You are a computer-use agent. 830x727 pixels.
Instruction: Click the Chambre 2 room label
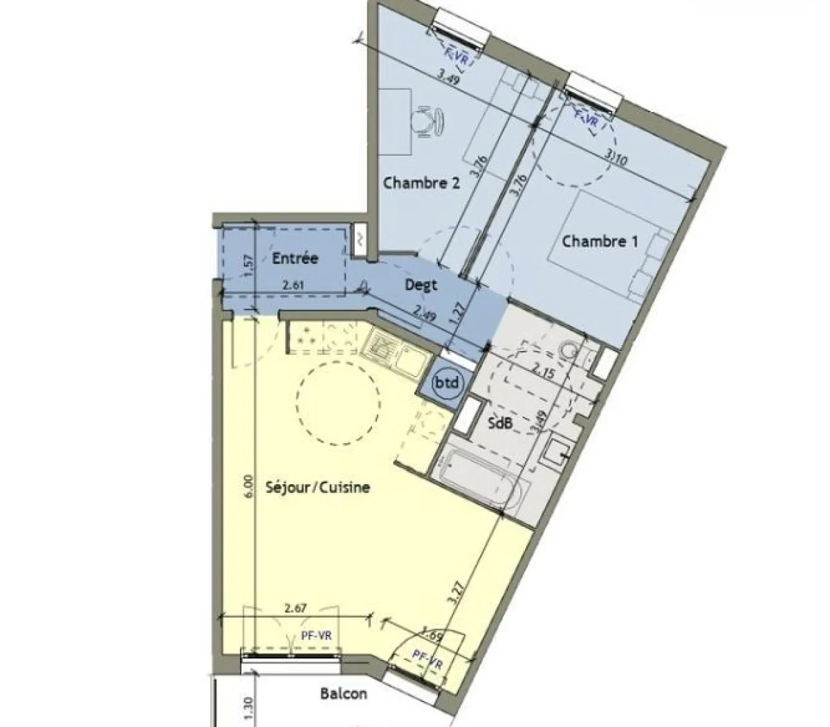421,183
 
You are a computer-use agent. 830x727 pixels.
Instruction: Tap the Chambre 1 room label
600,242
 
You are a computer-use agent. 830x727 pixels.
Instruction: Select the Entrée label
295,258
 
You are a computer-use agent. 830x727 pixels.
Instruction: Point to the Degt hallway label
421,284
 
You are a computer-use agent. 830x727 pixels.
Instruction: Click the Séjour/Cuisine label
317,487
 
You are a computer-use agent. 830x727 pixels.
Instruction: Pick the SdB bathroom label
499,422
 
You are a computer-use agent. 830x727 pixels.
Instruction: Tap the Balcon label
343,693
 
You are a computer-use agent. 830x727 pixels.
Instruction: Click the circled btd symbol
447,382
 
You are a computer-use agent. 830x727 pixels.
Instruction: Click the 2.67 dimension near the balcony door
296,609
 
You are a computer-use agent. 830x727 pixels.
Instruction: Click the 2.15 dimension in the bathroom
543,371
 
